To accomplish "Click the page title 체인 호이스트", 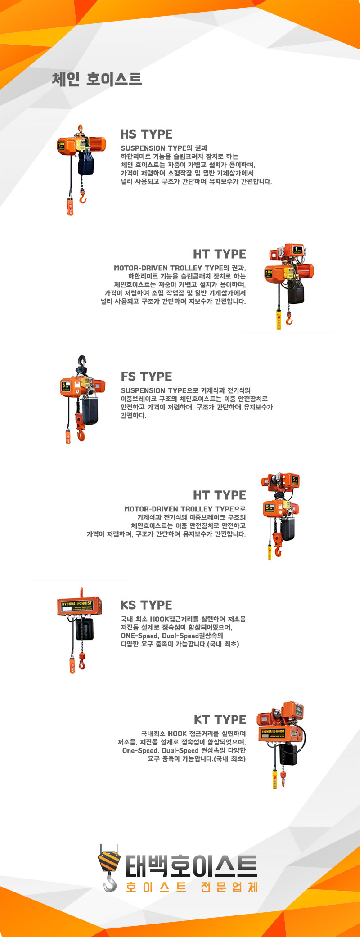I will pyautogui.click(x=97, y=79).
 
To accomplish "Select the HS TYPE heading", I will pyautogui.click(x=146, y=134).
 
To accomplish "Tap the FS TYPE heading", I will pyautogui.click(x=146, y=377).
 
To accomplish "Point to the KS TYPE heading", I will pyautogui.click(x=146, y=605).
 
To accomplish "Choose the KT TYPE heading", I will pyautogui.click(x=220, y=720).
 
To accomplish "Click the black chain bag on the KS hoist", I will pyautogui.click(x=85, y=628).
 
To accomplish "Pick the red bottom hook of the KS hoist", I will pyautogui.click(x=82, y=661).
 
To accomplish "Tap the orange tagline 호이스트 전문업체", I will pyautogui.click(x=191, y=888).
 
